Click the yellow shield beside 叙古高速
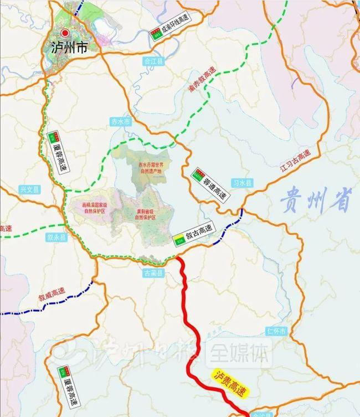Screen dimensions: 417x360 pyautogui.click(x=179, y=239)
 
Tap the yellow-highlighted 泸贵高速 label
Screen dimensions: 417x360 pyautogui.click(x=228, y=383)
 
